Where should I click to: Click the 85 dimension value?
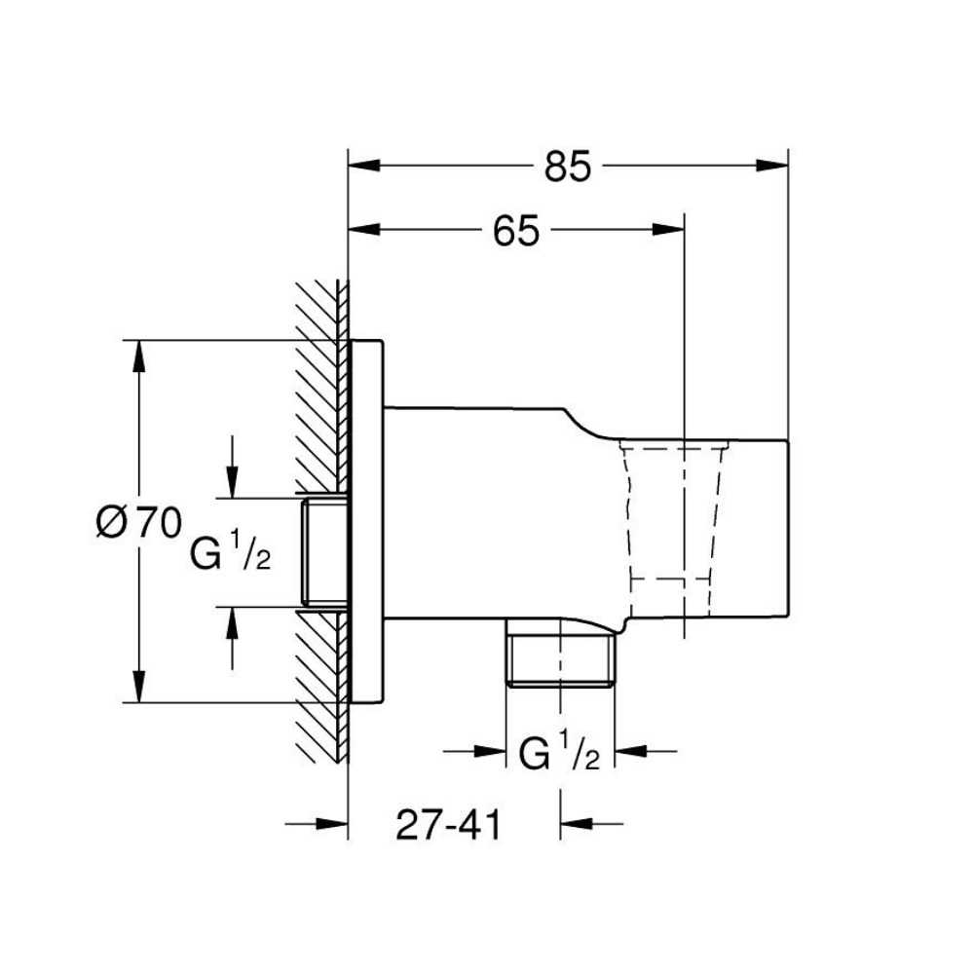568,167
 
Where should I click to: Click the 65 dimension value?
516,231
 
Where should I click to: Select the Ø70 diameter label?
139,523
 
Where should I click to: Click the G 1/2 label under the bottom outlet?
559,753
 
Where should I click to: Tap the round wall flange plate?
366,521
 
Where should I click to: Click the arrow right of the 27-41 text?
575,824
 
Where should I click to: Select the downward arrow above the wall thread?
232,483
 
